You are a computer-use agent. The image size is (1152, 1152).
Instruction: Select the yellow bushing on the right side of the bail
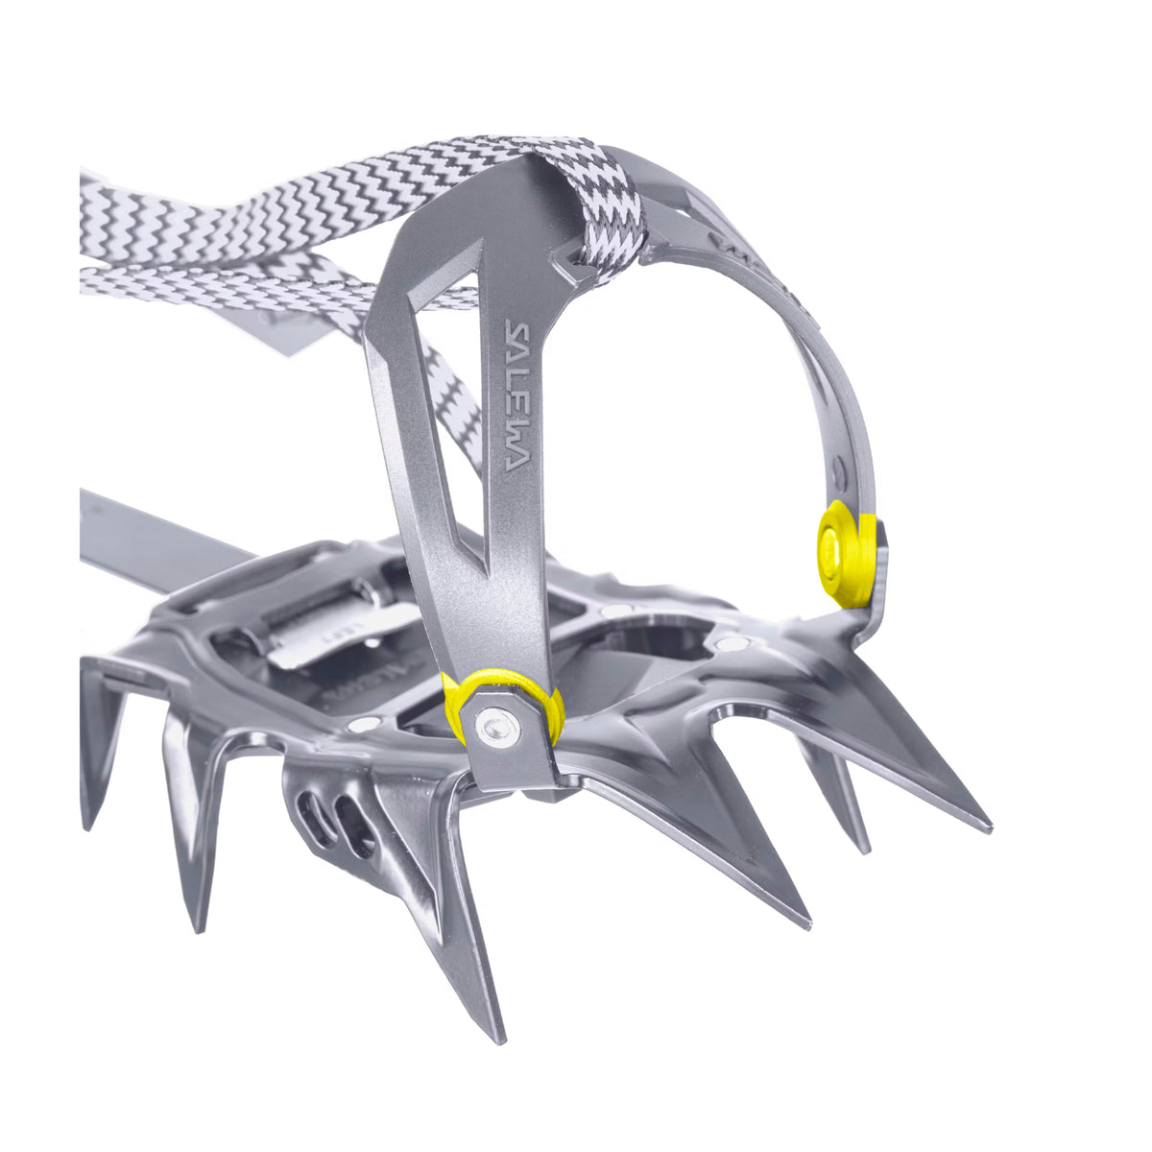(x=846, y=554)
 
